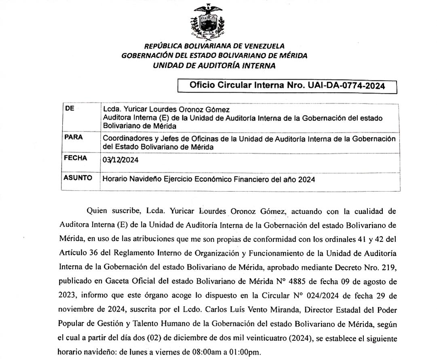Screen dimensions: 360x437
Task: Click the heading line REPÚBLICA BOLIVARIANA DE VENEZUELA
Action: click(214, 46)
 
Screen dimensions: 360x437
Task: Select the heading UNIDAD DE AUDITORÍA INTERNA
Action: click(214, 66)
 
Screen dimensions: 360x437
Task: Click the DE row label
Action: click(69, 108)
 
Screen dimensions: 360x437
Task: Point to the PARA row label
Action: click(74, 137)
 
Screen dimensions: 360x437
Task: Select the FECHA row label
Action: click(76, 158)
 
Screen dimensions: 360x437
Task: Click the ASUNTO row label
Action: click(78, 178)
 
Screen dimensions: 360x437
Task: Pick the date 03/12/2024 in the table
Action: click(121, 160)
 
